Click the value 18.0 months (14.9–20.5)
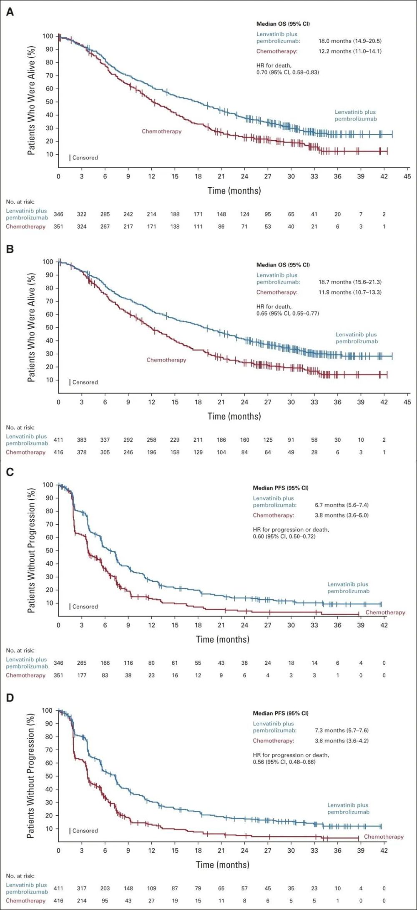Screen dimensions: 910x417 350,41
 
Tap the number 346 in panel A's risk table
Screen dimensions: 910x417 58,214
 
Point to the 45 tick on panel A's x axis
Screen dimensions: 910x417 407,176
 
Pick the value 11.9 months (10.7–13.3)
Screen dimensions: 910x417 350,292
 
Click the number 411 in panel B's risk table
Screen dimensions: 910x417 58,440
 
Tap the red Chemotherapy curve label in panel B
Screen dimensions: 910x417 166,360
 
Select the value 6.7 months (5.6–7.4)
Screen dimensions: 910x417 342,505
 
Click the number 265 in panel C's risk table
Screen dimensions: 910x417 82,663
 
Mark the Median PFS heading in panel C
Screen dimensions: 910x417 281,488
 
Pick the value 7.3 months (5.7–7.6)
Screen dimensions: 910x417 342,731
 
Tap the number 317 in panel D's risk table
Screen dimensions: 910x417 82,889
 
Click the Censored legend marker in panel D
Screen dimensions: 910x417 70,831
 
